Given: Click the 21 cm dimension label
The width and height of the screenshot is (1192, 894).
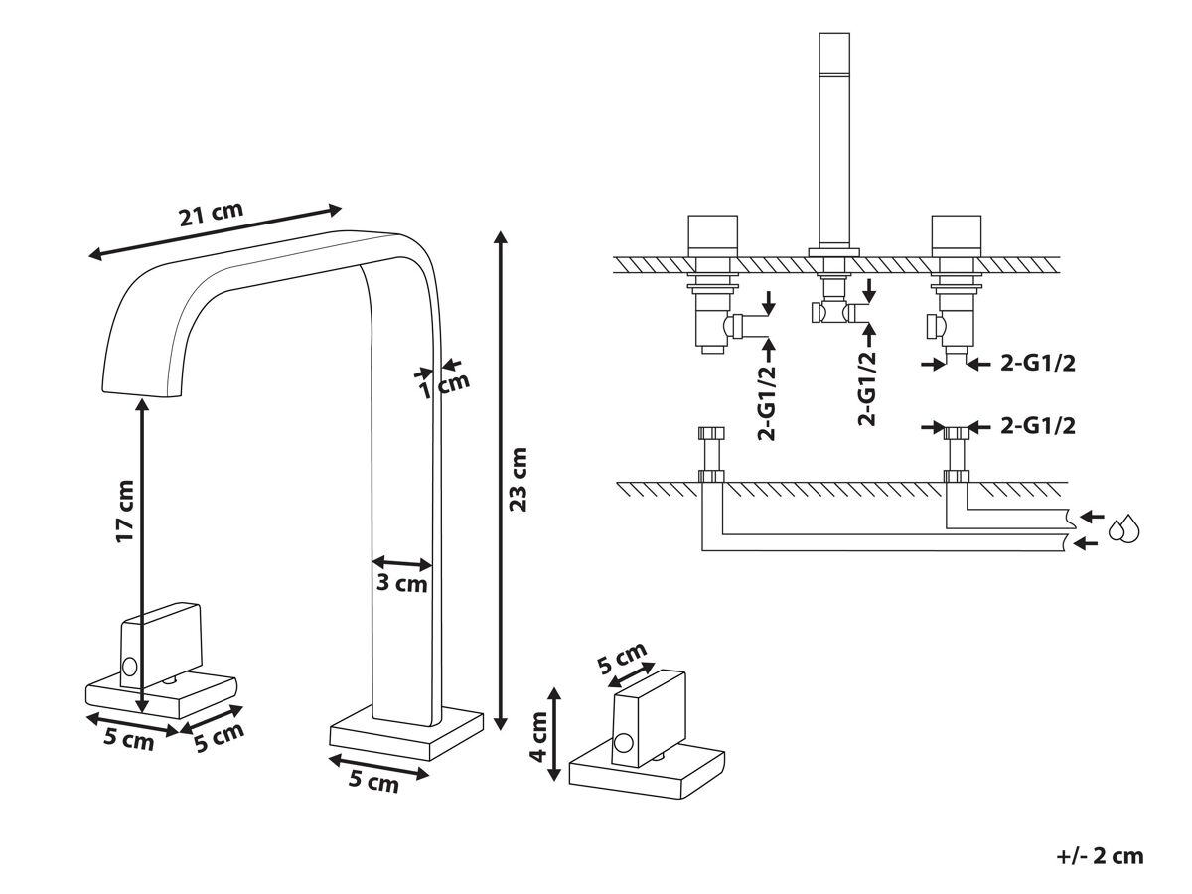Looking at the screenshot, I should coord(211,215).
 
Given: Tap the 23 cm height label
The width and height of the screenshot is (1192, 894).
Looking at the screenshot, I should coord(518,479).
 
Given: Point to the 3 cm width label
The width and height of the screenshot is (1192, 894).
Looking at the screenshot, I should coord(402,583).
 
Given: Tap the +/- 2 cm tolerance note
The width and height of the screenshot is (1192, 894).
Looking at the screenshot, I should coord(1100,855).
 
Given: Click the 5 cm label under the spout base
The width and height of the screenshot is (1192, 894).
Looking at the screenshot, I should coord(373,781).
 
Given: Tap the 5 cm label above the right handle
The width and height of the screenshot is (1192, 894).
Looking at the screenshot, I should coord(622,660).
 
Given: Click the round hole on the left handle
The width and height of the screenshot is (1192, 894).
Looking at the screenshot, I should coord(129,666).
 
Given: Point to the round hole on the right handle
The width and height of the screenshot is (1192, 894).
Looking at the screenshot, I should coord(623,742).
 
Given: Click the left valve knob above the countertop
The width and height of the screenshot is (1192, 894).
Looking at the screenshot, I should coord(712,235).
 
